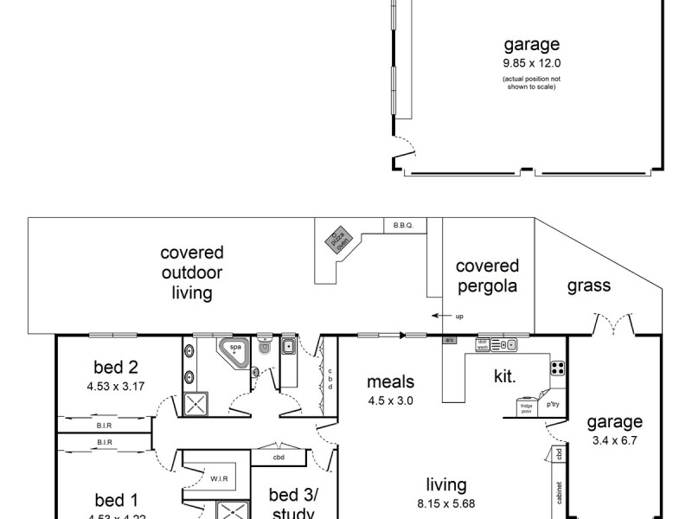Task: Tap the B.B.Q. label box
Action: click(404, 225)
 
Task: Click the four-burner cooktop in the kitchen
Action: click(558, 368)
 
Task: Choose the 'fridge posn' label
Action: click(524, 407)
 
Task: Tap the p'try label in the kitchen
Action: click(553, 403)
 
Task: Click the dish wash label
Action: click(483, 343)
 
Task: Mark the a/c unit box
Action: click(450, 341)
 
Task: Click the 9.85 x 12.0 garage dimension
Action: click(531, 63)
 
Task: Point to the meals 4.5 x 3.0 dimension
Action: click(390, 400)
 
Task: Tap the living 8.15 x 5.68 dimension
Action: click(445, 502)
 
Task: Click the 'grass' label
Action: click(589, 285)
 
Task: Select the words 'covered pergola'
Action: click(487, 276)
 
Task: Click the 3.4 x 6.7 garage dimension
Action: click(615, 439)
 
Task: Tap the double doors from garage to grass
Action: click(615, 327)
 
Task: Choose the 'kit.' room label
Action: click(505, 377)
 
